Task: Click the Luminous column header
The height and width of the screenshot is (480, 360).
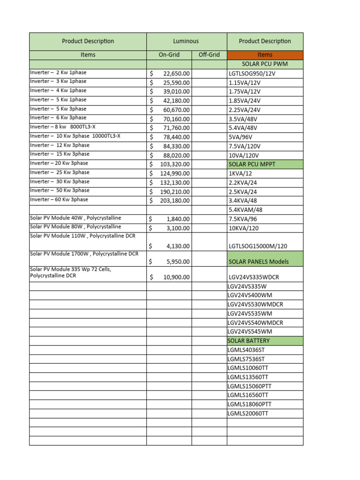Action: [x=186, y=41]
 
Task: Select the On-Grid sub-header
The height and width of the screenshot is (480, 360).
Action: [x=169, y=55]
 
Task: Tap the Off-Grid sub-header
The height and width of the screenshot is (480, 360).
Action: [x=209, y=55]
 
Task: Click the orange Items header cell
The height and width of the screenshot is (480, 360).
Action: [x=265, y=55]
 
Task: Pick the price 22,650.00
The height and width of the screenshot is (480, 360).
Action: [x=176, y=74]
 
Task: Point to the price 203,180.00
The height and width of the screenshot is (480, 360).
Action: [x=175, y=201]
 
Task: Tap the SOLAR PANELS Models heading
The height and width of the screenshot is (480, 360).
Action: [x=258, y=262]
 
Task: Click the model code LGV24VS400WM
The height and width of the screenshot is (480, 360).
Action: [x=250, y=295]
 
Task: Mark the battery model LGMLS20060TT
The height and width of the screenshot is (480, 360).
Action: [x=248, y=413]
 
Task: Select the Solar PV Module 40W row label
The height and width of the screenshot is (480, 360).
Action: [x=75, y=218]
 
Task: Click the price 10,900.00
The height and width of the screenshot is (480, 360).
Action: [x=176, y=277]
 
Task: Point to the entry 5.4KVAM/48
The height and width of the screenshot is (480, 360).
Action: [x=246, y=210]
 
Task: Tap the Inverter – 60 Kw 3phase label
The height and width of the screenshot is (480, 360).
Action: [x=59, y=200]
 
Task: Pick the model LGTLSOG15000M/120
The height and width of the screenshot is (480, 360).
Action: [x=258, y=246]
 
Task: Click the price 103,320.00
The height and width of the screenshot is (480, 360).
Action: [x=175, y=164]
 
